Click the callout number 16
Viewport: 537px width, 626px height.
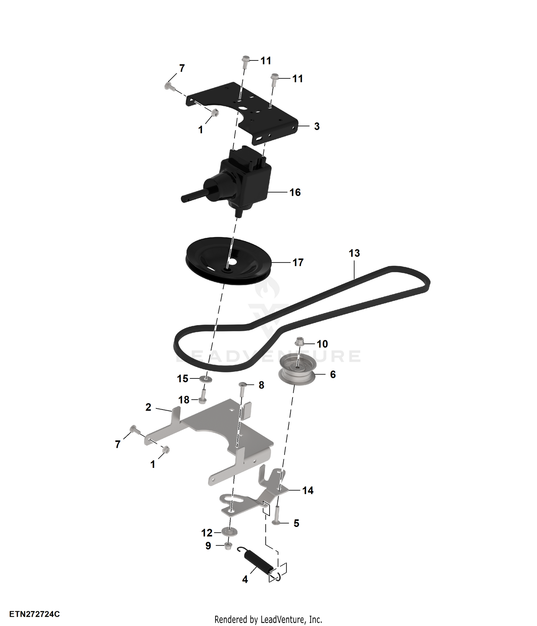coord(295,192)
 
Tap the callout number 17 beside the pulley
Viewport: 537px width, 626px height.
coord(298,263)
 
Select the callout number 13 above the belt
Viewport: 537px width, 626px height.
coord(354,253)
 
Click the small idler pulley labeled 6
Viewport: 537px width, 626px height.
coord(297,371)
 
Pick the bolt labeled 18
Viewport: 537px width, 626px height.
coord(202,396)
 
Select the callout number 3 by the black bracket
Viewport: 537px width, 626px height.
coord(317,126)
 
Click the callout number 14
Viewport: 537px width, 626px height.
coord(308,490)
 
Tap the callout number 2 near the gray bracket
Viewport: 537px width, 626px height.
coord(148,407)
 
